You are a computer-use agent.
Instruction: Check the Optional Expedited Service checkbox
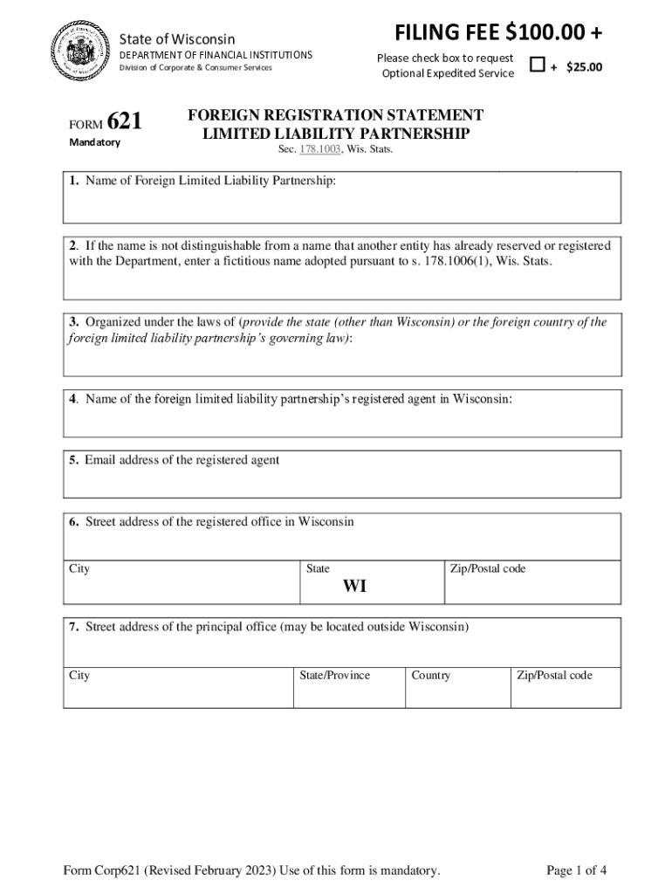pyautogui.click(x=538, y=65)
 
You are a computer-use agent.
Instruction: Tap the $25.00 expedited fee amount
pyautogui.click(x=584, y=66)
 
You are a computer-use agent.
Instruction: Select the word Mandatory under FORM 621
pyautogui.click(x=94, y=142)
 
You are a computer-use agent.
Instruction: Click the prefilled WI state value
pyautogui.click(x=354, y=587)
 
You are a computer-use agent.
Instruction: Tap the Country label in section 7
pyautogui.click(x=431, y=676)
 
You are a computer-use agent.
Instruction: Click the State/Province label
pyautogui.click(x=334, y=676)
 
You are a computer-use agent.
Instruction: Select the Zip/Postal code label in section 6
pyautogui.click(x=488, y=569)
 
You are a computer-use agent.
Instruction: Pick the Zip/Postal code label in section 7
pyautogui.click(x=554, y=676)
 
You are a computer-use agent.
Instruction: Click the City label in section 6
pyautogui.click(x=79, y=569)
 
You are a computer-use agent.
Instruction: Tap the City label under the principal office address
pyautogui.click(x=79, y=676)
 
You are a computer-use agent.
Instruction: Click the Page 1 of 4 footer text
pyautogui.click(x=576, y=870)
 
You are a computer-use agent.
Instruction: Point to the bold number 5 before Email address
pyautogui.click(x=75, y=460)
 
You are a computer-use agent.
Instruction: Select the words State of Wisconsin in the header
pyautogui.click(x=177, y=39)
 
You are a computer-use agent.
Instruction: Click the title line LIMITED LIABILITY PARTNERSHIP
pyautogui.click(x=336, y=134)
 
